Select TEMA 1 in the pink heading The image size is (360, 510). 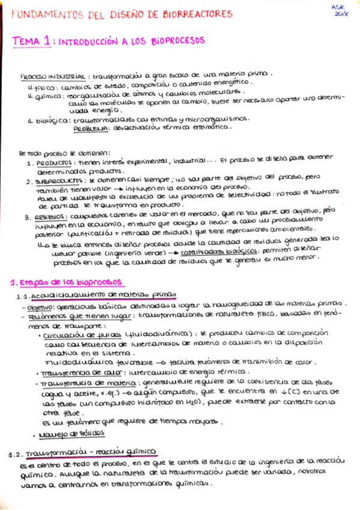34,40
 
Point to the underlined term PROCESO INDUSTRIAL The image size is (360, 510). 52,77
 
